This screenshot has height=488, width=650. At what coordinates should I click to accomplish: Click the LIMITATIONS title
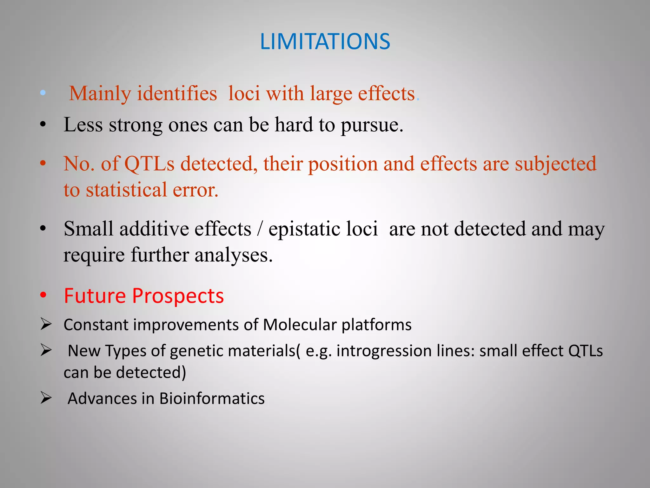point(325,42)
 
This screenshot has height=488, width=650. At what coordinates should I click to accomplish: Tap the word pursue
point(372,125)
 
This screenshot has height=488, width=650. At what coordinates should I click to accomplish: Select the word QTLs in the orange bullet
point(149,164)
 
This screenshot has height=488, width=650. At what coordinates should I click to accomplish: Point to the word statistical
point(126,190)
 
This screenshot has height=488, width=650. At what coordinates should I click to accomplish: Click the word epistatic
point(323,229)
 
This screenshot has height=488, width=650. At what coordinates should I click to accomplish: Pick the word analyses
point(233,255)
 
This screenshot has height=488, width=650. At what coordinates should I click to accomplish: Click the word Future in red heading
point(95,296)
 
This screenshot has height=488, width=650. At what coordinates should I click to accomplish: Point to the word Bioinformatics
point(212,399)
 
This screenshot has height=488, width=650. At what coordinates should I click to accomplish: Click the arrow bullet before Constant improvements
point(46,324)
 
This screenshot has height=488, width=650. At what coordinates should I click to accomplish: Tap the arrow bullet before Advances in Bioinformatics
point(46,398)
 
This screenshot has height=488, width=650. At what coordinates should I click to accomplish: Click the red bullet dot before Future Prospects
point(43,295)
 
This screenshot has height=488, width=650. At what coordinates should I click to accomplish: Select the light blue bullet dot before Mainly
point(43,93)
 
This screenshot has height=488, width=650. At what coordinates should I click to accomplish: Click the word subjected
point(555,164)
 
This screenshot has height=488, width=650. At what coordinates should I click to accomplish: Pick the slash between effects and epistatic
point(260,229)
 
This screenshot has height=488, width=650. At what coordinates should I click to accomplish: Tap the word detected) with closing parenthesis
point(151,373)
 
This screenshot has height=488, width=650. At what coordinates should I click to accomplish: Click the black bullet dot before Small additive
point(43,228)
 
